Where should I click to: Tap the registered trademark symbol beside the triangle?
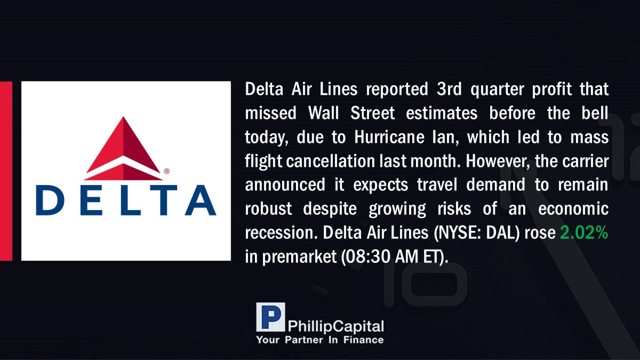click(167, 171)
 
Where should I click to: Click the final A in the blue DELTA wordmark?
click(201, 200)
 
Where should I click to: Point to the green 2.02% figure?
click(584, 233)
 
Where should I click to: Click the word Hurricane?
click(389, 137)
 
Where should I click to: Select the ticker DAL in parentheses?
click(501, 233)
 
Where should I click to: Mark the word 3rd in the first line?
click(449, 89)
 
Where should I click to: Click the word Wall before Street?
click(323, 113)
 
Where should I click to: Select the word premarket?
click(299, 257)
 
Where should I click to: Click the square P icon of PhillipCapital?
click(270, 317)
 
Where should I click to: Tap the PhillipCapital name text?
click(335, 326)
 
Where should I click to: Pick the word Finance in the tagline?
click(363, 340)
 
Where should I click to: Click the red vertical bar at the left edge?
click(6, 171)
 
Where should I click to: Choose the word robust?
click(269, 209)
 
